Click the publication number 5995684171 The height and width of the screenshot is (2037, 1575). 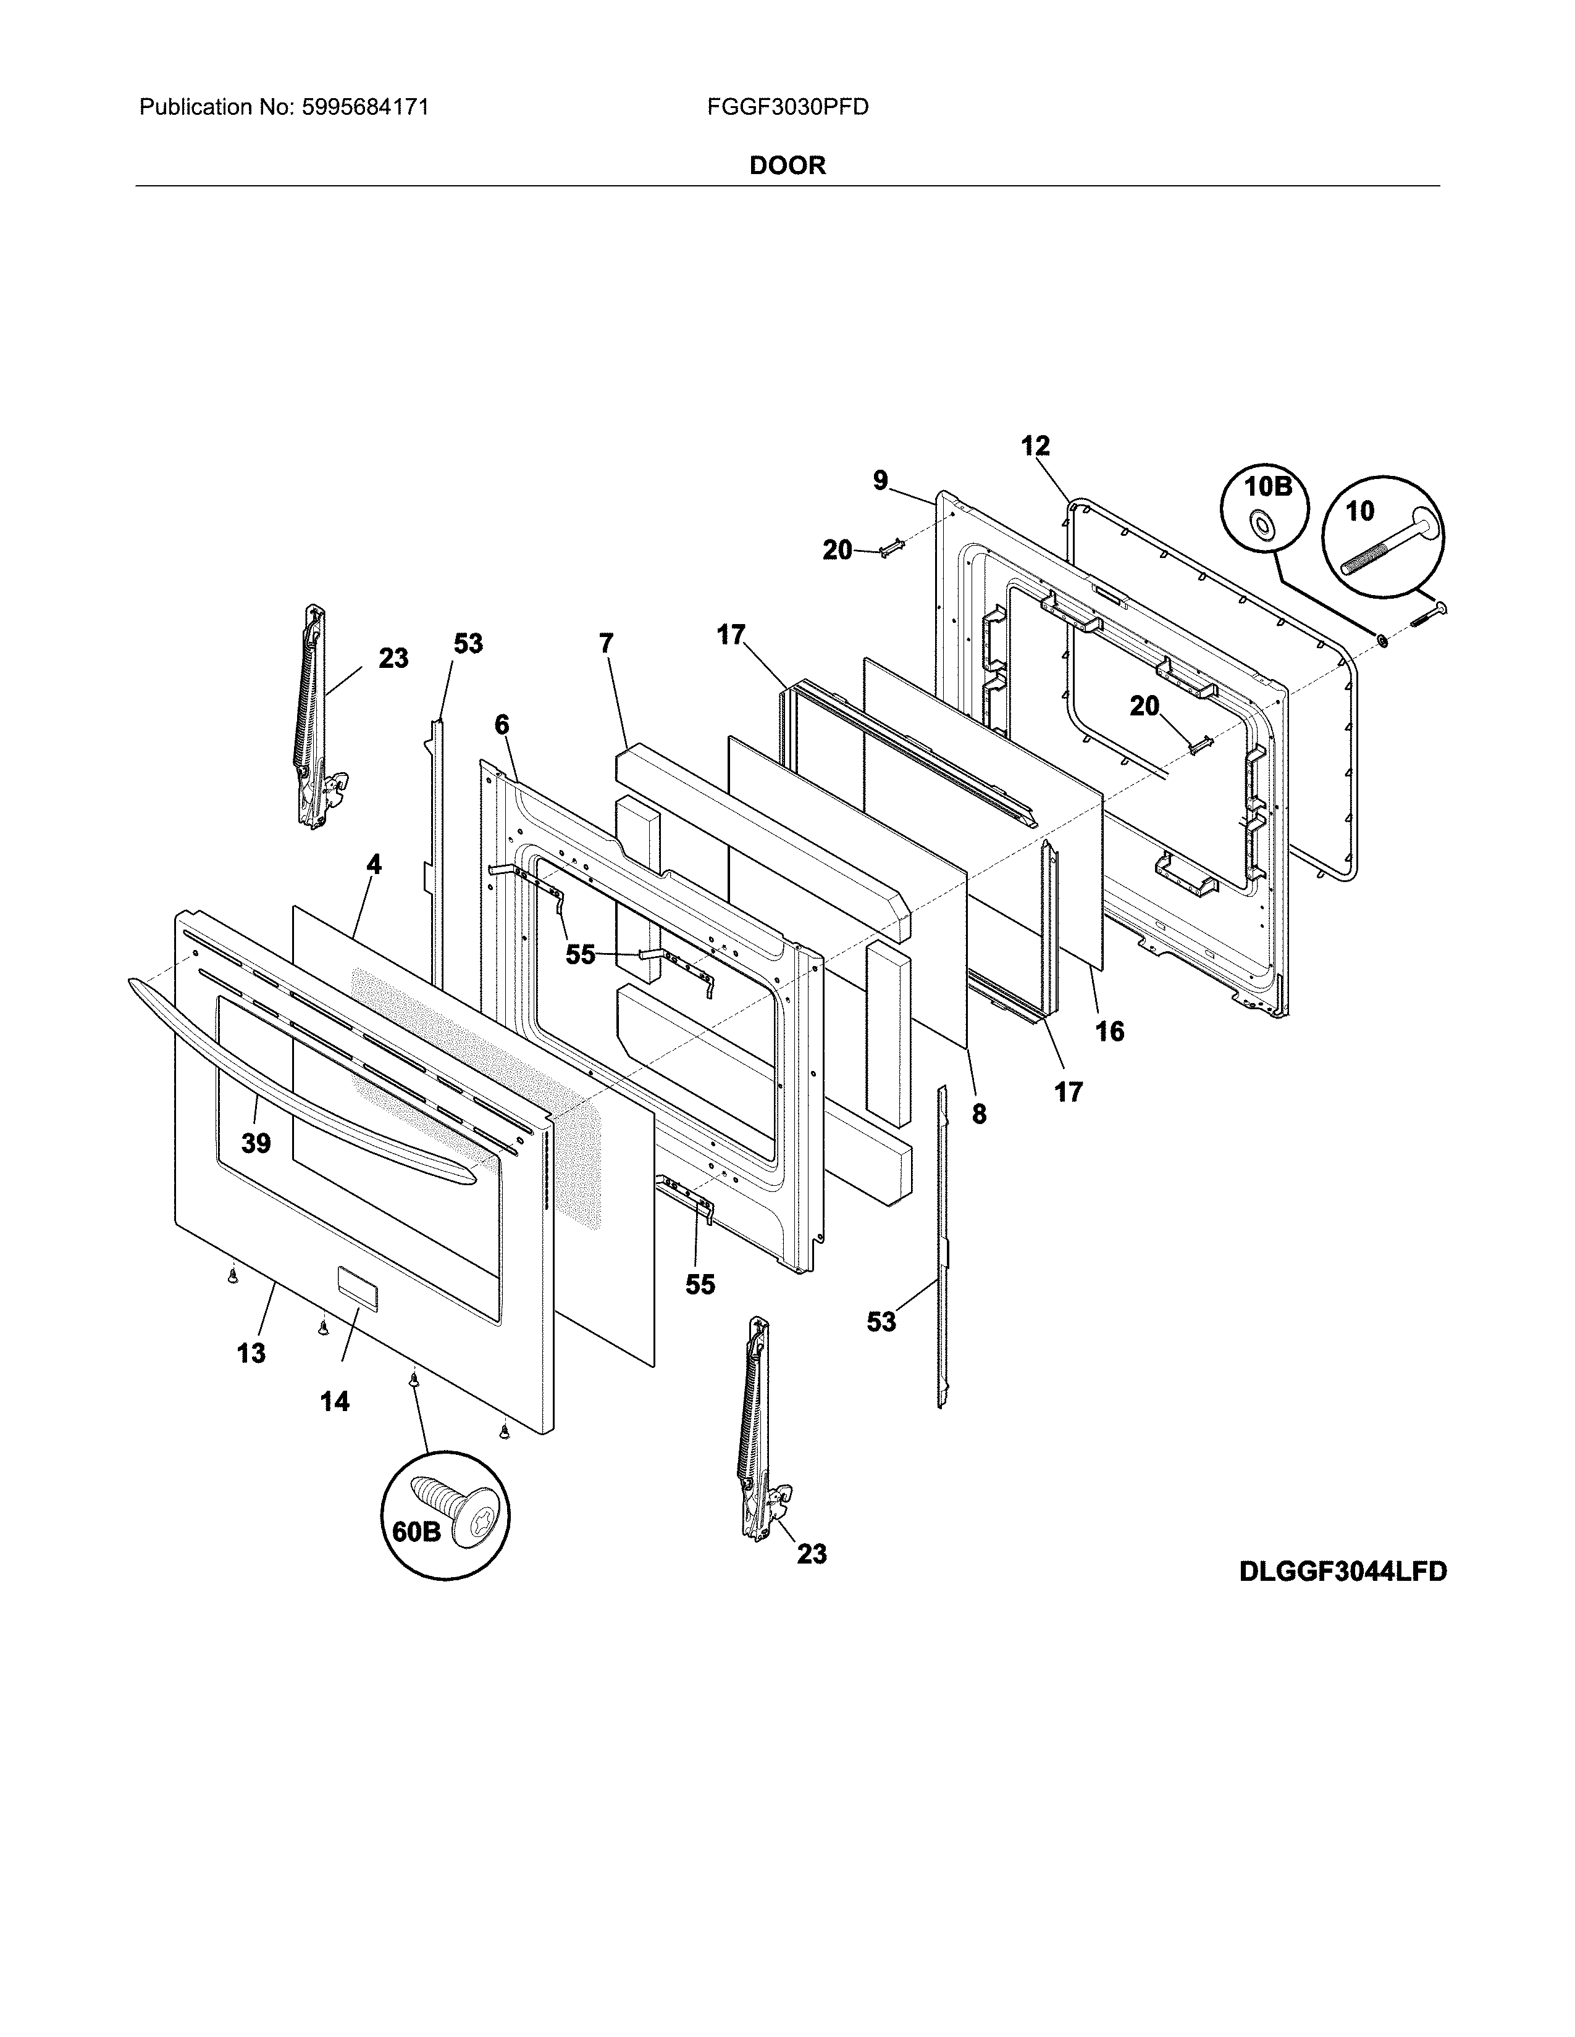click(x=365, y=107)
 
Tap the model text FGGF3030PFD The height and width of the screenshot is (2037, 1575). click(x=787, y=107)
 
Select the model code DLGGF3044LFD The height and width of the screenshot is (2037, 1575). click(x=1343, y=1572)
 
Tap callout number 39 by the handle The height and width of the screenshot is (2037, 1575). click(x=256, y=1143)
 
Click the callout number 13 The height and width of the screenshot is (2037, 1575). click(x=250, y=1353)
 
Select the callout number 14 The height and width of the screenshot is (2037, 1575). click(x=334, y=1401)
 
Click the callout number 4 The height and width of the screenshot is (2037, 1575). click(x=373, y=865)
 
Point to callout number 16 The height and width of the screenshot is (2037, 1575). click(x=1109, y=1031)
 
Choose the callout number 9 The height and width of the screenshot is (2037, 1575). click(x=881, y=481)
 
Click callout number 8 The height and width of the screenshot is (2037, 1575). click(x=979, y=1114)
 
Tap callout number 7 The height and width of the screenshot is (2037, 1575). click(x=607, y=644)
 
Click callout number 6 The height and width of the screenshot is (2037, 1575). click(x=502, y=724)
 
